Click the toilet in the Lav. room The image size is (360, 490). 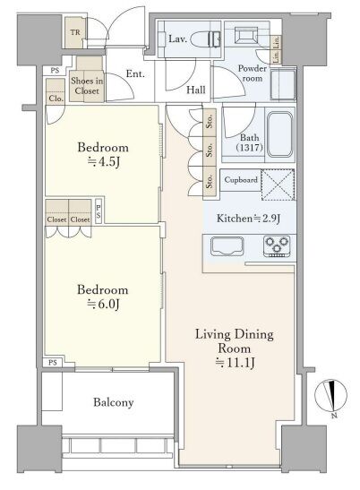coord(206,39)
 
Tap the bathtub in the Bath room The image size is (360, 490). coord(280,134)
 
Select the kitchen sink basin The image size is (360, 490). coord(227,246)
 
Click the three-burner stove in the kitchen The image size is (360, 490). coord(277,246)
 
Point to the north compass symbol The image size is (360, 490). coord(330,396)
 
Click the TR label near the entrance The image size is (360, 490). coord(75,32)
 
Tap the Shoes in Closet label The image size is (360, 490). coord(87,86)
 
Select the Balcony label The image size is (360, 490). coord(114,402)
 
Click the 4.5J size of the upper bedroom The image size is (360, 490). coord(104,162)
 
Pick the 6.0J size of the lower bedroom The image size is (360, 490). coord(103,305)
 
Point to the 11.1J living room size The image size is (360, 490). coord(236,363)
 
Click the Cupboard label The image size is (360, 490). coord(241,180)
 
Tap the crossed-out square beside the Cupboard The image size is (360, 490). coord(278,185)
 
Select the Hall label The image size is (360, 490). coord(196,90)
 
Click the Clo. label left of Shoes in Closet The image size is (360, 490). coord(56,99)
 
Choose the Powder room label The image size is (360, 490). coord(253,73)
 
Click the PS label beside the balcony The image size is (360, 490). coord(53,363)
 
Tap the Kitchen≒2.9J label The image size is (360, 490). coord(248,218)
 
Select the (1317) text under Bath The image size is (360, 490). coord(249,147)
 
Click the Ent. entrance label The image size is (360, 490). coord(135,74)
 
